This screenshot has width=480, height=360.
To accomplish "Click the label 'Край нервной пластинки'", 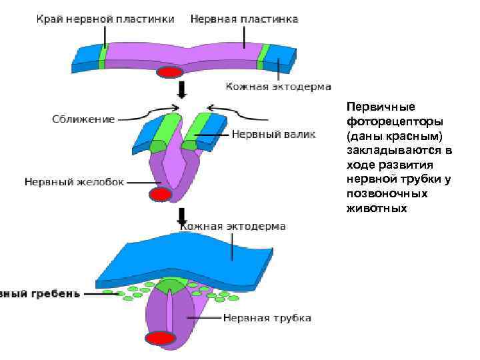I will point(105,19).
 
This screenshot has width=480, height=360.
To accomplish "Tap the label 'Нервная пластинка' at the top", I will point(243,19).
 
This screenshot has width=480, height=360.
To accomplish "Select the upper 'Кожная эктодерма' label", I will point(278,87).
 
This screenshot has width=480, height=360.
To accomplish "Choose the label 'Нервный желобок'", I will point(74,181).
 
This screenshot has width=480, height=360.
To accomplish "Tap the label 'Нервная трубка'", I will point(267,318).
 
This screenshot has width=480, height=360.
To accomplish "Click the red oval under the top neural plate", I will point(169,72).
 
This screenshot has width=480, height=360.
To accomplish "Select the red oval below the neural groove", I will point(160,194).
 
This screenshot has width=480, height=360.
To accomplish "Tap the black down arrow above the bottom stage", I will point(181,215).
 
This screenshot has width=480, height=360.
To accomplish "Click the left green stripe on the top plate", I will point(103,57).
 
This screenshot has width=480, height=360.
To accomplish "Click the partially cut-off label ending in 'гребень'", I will point(41,293).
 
